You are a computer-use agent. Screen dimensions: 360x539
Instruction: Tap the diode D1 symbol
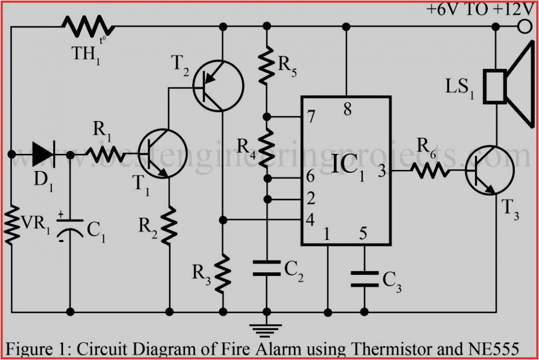point(44,154)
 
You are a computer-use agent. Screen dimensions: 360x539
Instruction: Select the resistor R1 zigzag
point(102,154)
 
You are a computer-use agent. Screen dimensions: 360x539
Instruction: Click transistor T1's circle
point(163,154)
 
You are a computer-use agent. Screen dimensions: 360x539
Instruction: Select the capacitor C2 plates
point(265,268)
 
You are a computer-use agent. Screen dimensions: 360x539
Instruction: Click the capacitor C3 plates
point(364,278)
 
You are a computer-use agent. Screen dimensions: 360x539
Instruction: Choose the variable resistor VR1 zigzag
point(11,225)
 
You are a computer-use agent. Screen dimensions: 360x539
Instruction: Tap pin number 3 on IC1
point(381,171)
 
